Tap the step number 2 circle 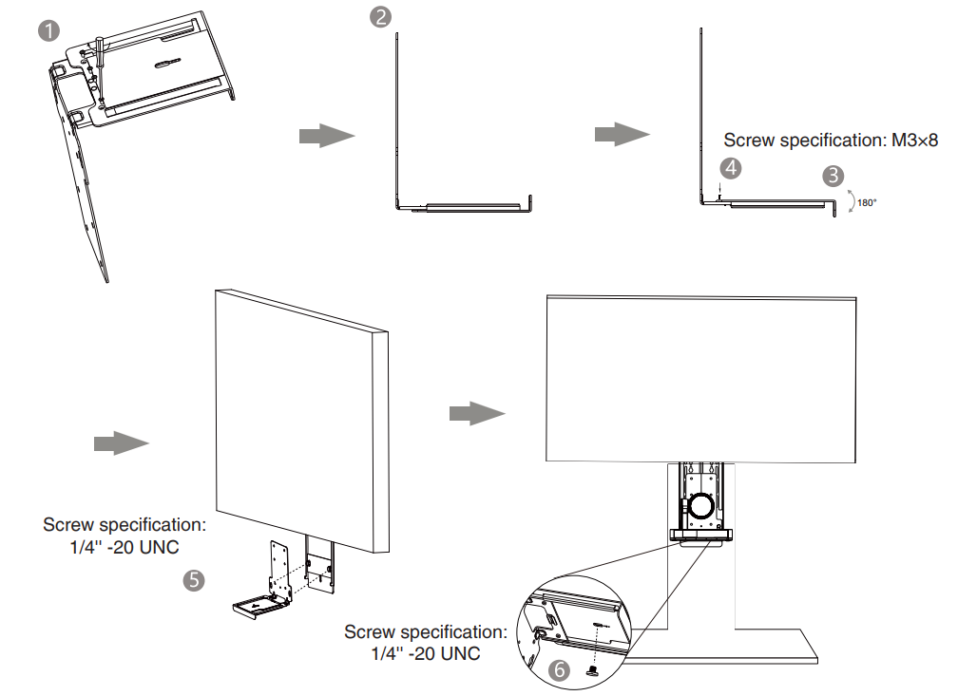pyautogui.click(x=380, y=18)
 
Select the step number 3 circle pyautogui.click(x=833, y=176)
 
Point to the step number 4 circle pyautogui.click(x=730, y=168)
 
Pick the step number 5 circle pyautogui.click(x=194, y=580)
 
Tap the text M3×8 pyautogui.click(x=914, y=141)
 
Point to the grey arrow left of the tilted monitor pyautogui.click(x=121, y=443)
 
